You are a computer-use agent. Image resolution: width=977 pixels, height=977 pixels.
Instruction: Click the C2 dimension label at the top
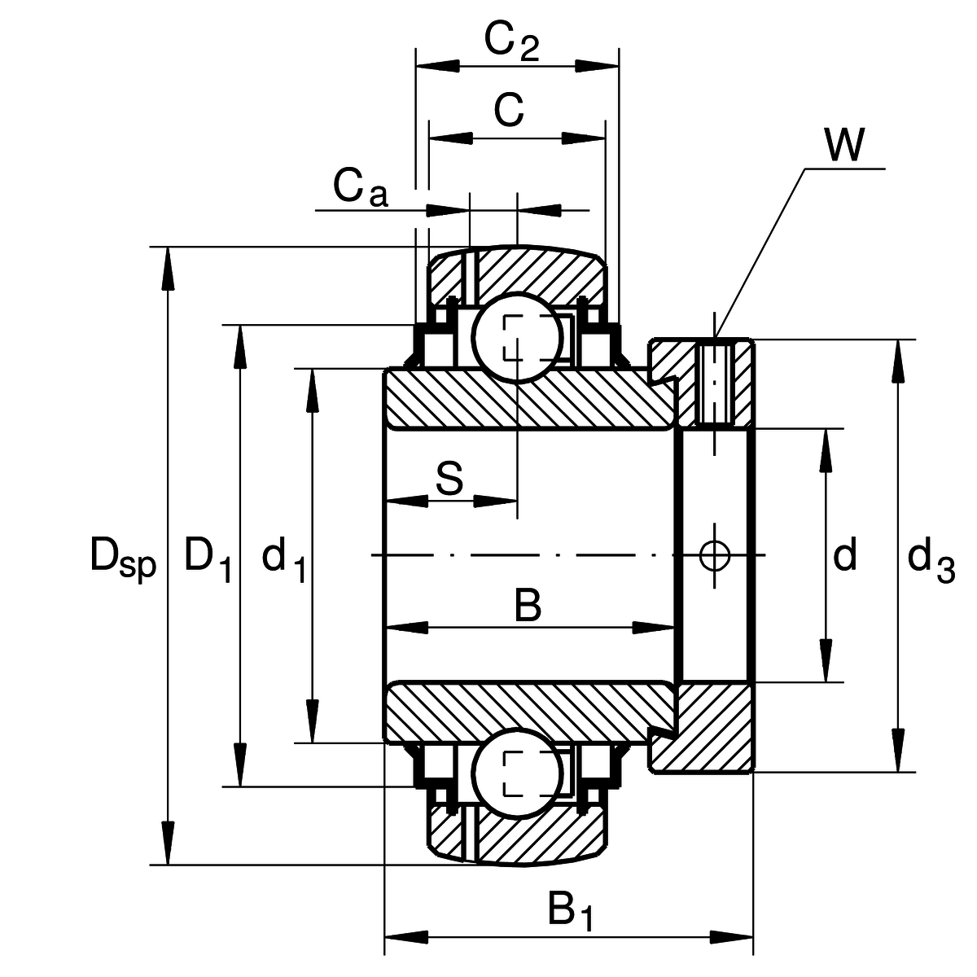[x=511, y=42]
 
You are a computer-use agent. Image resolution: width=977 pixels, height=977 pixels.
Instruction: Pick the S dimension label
[x=449, y=479]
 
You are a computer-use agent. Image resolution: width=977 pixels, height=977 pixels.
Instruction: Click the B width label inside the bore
[x=528, y=606]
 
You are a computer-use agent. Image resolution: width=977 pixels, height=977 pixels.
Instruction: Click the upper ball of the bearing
[x=517, y=337]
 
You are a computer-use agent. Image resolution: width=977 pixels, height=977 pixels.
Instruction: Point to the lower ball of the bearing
[x=517, y=773]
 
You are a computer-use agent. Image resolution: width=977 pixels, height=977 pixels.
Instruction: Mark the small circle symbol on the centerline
[x=714, y=556]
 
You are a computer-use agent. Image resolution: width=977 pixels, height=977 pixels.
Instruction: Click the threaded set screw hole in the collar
[x=714, y=383]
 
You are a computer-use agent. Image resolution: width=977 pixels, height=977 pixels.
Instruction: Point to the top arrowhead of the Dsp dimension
[x=168, y=269]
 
